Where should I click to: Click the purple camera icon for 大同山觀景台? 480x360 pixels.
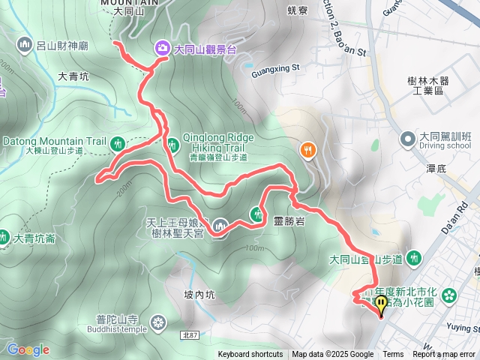(162, 49)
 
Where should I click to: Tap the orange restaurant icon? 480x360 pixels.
(307, 150)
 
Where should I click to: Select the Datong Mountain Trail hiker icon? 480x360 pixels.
(116, 142)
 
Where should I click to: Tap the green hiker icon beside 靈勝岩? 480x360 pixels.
(257, 214)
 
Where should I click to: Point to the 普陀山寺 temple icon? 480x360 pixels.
(157, 323)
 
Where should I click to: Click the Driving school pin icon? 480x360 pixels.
(408, 139)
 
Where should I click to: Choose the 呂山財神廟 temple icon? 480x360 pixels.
(24, 45)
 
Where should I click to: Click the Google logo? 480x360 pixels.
(28, 349)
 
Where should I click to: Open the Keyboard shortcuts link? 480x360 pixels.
(250, 355)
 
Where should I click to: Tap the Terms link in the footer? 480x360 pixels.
(393, 355)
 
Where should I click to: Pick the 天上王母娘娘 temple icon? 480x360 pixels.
(220, 224)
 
